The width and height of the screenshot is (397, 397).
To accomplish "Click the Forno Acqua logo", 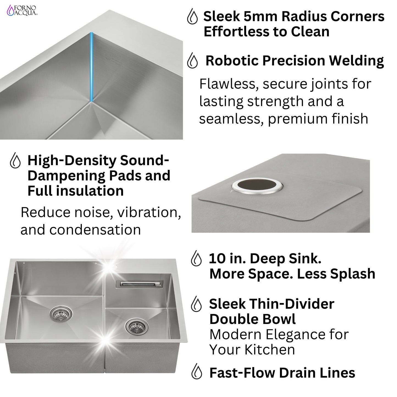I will [x=23, y=10].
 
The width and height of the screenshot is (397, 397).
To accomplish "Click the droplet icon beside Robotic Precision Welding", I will [x=192, y=61].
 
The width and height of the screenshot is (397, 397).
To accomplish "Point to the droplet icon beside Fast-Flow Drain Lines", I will [x=197, y=373].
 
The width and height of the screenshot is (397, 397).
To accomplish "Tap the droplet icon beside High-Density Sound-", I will [x=15, y=161].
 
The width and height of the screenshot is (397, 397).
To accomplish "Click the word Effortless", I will [x=235, y=32].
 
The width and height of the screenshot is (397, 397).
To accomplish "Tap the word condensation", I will [x=95, y=229].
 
